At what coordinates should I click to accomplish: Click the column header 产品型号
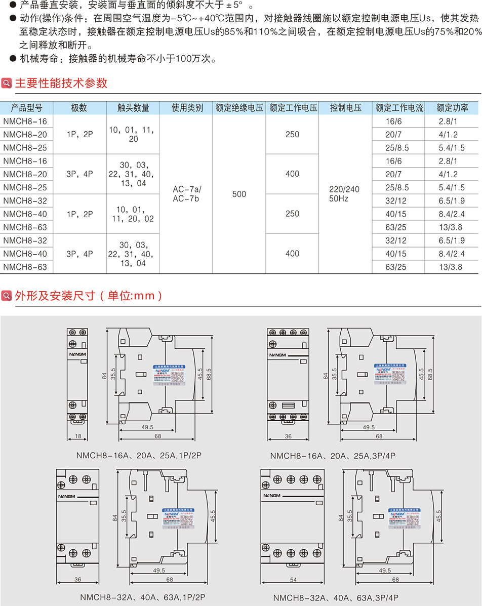[26, 108]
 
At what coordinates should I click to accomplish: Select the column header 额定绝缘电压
[239, 108]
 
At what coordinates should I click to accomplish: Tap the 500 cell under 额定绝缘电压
[239, 194]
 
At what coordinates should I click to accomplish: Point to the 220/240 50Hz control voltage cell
[344, 194]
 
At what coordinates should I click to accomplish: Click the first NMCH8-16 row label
[25, 122]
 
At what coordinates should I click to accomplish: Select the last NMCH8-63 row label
[25, 267]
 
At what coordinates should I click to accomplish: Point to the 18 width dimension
[77, 436]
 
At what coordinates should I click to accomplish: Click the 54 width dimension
[294, 580]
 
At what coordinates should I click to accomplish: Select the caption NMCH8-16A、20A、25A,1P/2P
[139, 456]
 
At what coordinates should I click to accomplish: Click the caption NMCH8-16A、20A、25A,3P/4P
[333, 456]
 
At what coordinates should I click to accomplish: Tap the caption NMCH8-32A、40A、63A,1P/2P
[142, 597]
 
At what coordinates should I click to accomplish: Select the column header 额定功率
[452, 108]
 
